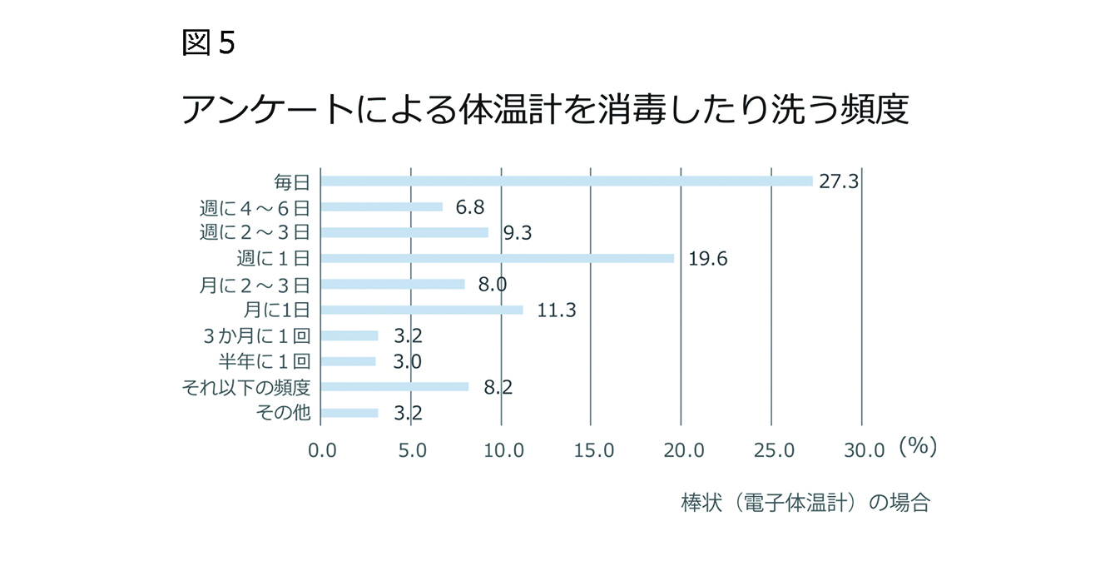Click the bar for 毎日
click(x=566, y=181)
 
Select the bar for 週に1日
click(x=497, y=258)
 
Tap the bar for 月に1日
click(x=422, y=310)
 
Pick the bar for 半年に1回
click(x=348, y=361)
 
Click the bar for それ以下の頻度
click(x=394, y=387)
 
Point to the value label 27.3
click(x=838, y=181)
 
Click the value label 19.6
click(x=708, y=259)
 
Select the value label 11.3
click(x=557, y=310)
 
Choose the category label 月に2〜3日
click(x=255, y=285)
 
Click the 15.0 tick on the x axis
click(x=593, y=450)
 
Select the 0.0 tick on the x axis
click(x=322, y=450)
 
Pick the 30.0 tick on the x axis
click(x=865, y=450)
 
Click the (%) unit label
click(x=918, y=447)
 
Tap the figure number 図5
click(x=208, y=43)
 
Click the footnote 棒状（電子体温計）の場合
click(x=805, y=504)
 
